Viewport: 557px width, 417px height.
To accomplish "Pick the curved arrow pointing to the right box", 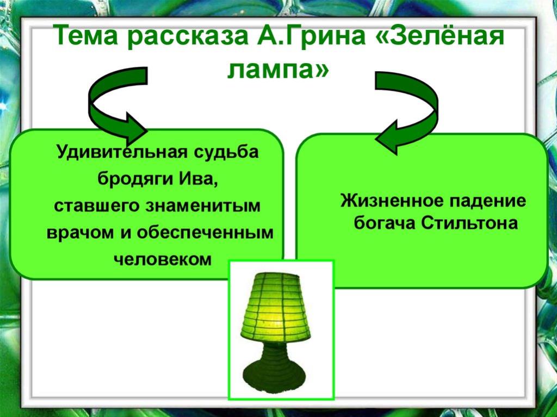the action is pyautogui.click(x=406, y=111).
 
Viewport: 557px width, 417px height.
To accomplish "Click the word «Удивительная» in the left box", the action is pyautogui.click(x=121, y=153).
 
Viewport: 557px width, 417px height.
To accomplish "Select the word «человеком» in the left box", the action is pyautogui.click(x=163, y=259).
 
